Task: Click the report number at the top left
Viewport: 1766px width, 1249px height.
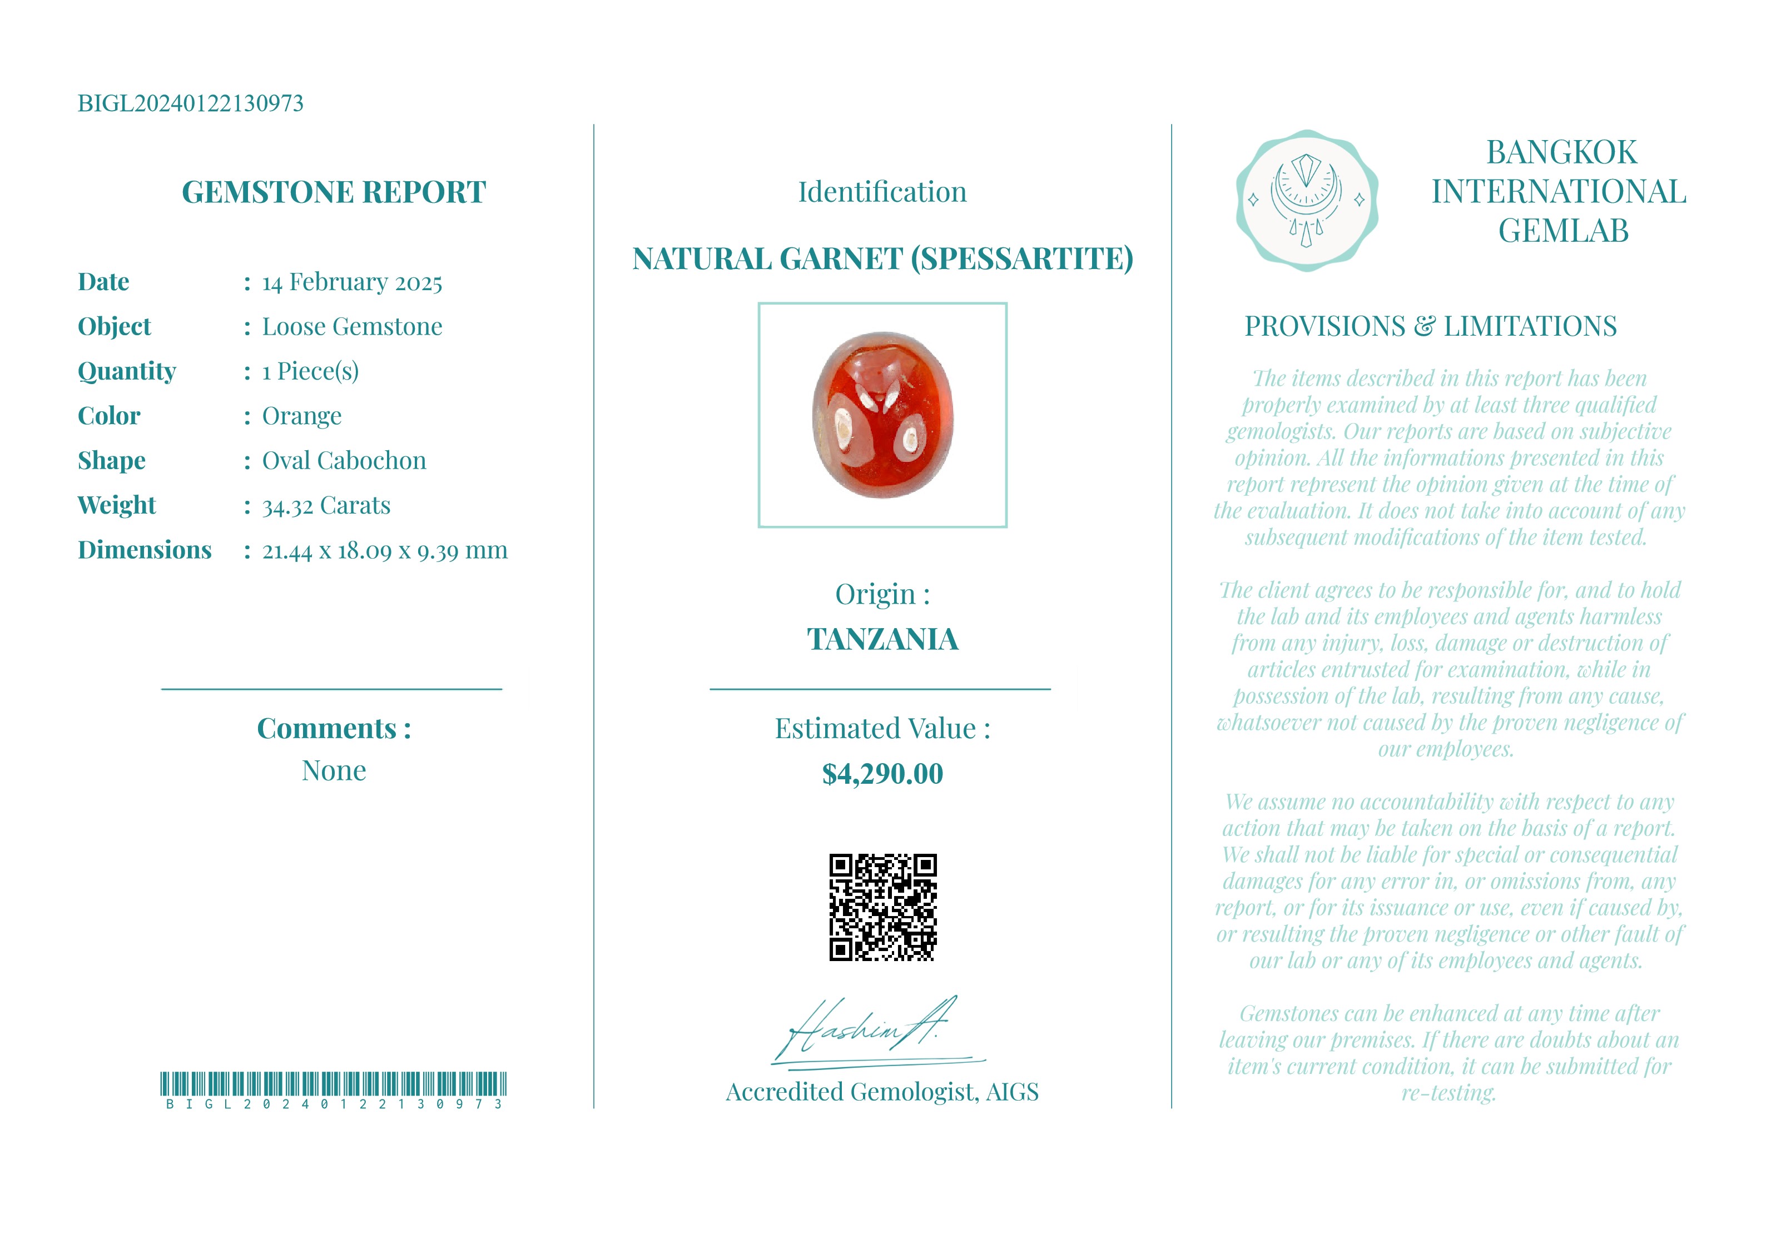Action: tap(190, 103)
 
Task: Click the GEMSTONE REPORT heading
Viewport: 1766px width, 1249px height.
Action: tap(333, 192)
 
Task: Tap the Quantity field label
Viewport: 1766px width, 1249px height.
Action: tap(127, 371)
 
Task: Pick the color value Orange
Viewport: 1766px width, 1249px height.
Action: tap(301, 416)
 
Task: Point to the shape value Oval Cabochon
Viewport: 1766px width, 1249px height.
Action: tap(344, 461)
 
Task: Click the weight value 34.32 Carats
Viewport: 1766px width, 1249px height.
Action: tap(326, 505)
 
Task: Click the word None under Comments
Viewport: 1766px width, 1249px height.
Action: tap(333, 770)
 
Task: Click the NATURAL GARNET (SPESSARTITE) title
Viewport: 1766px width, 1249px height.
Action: tap(882, 259)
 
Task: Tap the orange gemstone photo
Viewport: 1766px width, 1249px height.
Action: tap(882, 415)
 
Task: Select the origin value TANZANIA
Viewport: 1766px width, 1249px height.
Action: tap(882, 639)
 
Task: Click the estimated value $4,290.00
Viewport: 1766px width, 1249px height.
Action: tap(882, 774)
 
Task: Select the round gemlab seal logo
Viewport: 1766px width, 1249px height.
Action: tap(1306, 200)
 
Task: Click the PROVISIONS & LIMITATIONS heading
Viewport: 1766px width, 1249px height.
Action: tap(1431, 326)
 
